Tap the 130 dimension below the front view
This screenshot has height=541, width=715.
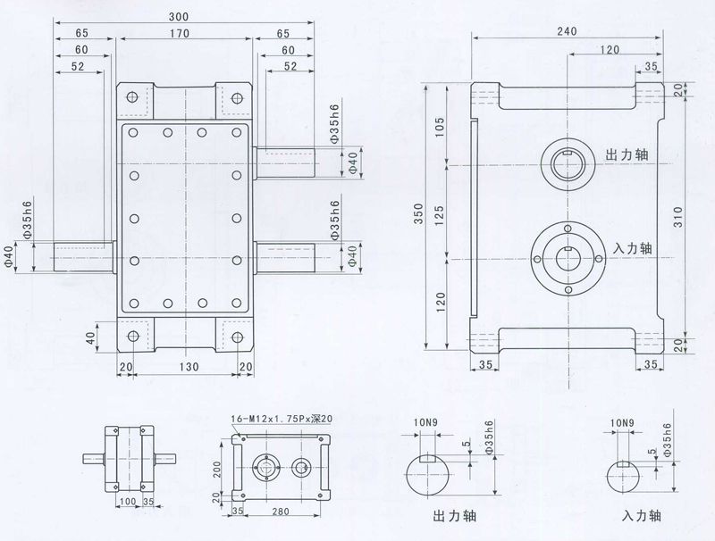click(x=185, y=367)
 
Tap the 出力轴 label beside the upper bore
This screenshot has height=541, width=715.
click(x=627, y=153)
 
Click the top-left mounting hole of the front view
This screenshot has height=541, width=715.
click(x=132, y=96)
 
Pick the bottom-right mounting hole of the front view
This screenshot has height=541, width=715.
click(x=238, y=337)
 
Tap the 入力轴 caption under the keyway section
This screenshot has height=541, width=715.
click(x=642, y=515)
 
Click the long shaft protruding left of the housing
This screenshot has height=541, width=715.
click(x=82, y=256)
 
